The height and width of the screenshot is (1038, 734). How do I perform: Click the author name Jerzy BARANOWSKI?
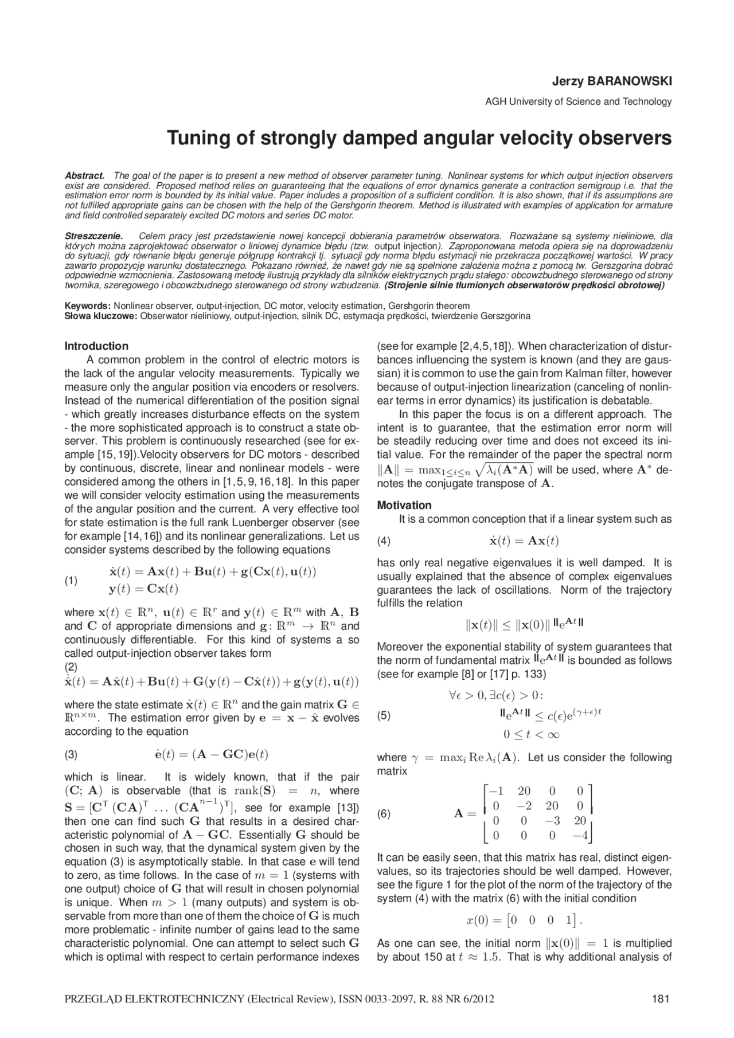point(612,81)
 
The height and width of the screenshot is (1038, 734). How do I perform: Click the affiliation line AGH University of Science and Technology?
point(578,102)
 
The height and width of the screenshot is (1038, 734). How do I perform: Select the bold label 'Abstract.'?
point(84,175)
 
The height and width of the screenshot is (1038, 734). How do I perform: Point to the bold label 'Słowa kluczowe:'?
point(101,316)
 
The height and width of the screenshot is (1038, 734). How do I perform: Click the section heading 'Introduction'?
point(96,346)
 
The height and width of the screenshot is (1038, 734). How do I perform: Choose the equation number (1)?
point(71,581)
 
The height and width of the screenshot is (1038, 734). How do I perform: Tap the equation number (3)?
point(71,754)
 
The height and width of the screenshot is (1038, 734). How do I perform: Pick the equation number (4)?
point(383,541)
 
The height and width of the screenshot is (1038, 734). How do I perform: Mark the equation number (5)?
point(383,715)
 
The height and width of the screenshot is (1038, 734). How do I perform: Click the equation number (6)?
point(383,813)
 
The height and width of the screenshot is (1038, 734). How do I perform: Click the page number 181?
point(661,999)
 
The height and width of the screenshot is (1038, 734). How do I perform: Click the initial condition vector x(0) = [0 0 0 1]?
point(524,921)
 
